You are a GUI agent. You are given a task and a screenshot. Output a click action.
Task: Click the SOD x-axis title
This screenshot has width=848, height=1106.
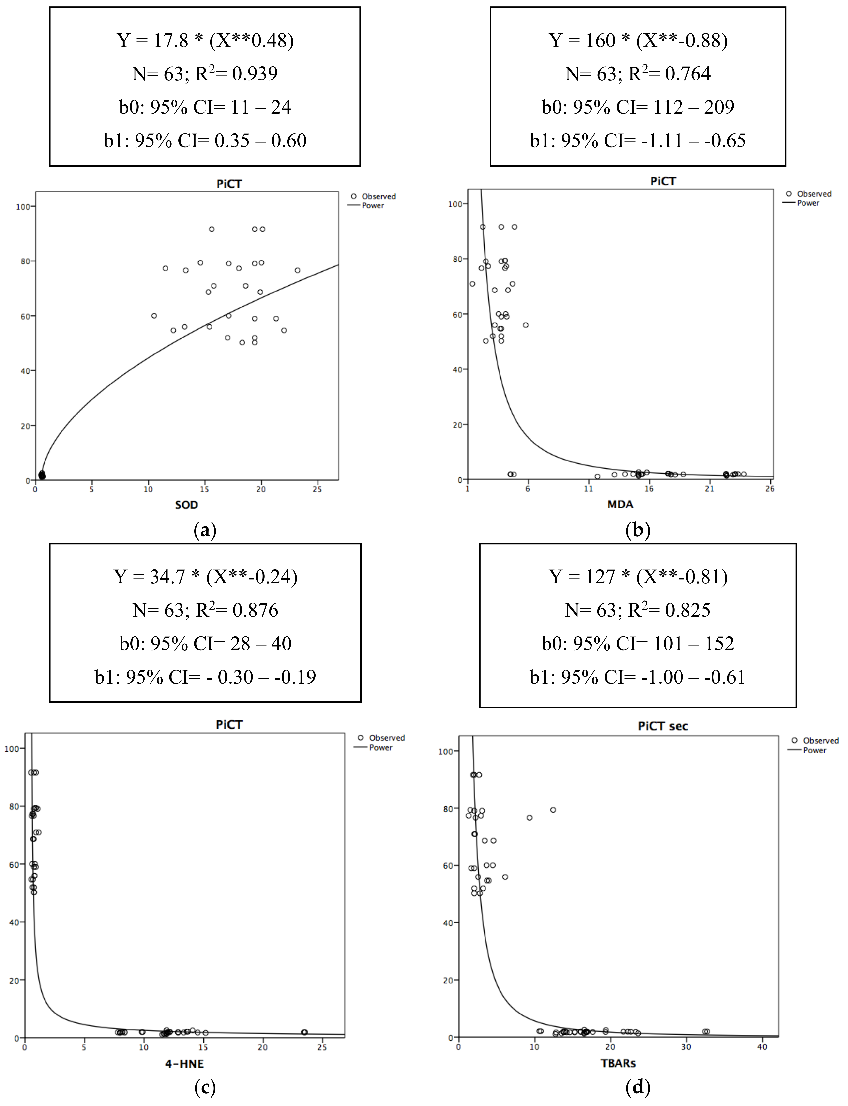186,505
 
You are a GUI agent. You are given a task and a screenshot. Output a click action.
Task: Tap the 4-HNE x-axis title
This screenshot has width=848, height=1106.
184,1064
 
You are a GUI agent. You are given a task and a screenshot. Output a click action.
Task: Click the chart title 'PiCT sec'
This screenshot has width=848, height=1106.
663,726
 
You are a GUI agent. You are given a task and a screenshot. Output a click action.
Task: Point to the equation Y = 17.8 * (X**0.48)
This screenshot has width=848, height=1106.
205,40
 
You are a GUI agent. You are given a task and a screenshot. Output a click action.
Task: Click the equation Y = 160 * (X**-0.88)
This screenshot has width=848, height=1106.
638,40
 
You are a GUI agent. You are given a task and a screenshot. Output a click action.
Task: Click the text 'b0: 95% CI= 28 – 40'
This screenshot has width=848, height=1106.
205,644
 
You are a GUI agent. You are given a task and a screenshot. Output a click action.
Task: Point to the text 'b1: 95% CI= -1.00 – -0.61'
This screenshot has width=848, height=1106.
637,677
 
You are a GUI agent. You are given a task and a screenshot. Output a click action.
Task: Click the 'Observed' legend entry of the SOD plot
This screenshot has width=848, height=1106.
378,196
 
